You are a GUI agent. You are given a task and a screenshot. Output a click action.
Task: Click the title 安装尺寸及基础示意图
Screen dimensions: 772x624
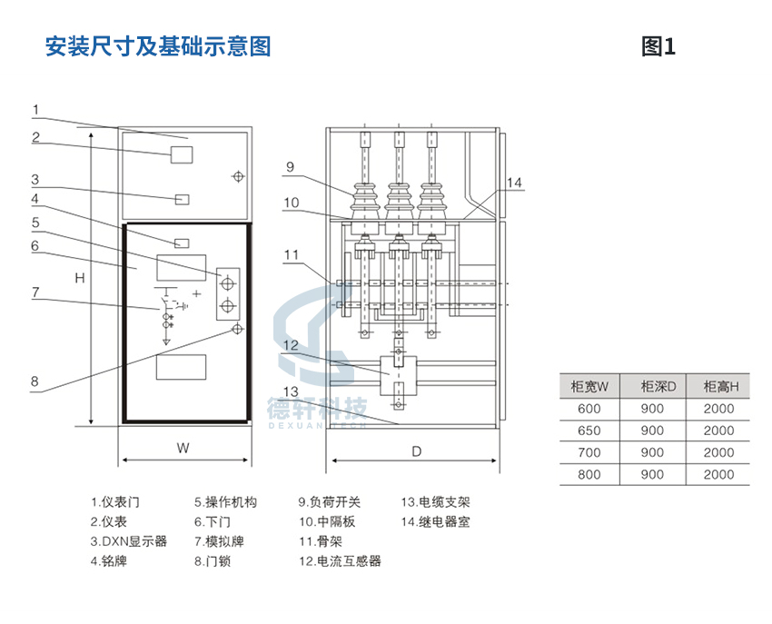(158, 47)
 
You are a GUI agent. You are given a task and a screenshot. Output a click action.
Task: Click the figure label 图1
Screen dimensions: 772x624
(658, 47)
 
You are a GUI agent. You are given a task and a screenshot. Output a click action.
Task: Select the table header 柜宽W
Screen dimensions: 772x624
(589, 387)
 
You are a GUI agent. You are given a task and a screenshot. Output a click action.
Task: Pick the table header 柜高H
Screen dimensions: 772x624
(721, 387)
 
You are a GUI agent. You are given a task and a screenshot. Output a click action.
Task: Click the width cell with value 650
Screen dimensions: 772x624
(589, 431)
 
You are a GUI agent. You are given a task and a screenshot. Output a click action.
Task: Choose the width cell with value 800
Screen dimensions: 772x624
(589, 474)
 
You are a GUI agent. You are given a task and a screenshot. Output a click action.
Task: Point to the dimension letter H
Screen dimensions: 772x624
(80, 278)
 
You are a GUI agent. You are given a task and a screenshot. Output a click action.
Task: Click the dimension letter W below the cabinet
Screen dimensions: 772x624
(183, 448)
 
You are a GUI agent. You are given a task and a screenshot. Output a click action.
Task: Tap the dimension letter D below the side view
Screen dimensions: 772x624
(417, 451)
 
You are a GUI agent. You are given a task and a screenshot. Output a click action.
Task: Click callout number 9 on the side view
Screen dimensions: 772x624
(290, 167)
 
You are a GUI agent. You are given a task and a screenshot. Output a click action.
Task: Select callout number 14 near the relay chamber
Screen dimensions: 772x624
(514, 183)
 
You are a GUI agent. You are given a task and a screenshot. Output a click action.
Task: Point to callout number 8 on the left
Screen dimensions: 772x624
(35, 381)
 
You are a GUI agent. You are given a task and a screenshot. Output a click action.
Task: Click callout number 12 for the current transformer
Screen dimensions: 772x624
(291, 345)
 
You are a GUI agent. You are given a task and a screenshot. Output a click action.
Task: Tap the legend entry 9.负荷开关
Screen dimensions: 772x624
(330, 502)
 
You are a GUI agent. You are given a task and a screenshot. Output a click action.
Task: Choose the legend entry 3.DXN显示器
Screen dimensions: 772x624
(129, 541)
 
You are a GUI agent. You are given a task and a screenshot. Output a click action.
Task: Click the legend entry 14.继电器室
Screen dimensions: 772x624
(436, 522)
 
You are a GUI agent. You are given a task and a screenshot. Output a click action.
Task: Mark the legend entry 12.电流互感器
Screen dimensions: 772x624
(341, 561)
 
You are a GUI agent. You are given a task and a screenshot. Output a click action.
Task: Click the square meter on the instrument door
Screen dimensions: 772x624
(182, 154)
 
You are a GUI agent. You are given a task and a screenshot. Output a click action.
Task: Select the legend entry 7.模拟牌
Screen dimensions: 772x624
(219, 541)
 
